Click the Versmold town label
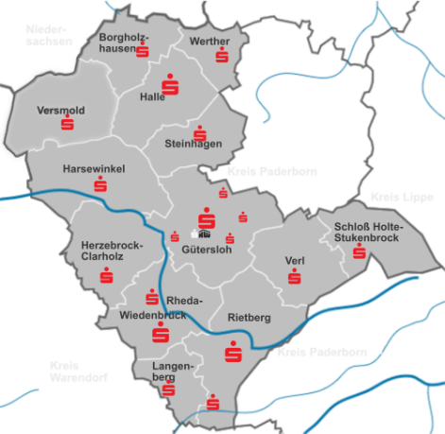pyautogui.click(x=60, y=111)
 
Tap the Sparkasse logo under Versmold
pyautogui.click(x=67, y=124)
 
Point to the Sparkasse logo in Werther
pyautogui.click(x=221, y=56)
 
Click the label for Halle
pyautogui.click(x=152, y=96)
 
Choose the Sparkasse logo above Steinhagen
pyautogui.click(x=199, y=133)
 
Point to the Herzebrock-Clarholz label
pyautogui.click(x=112, y=252)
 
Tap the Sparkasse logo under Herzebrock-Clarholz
pyautogui.click(x=105, y=276)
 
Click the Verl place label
pyautogui.click(x=295, y=260)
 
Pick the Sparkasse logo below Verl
pyautogui.click(x=295, y=276)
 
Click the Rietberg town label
pyautogui.click(x=249, y=319)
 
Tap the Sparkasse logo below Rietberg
pyautogui.click(x=232, y=353)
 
